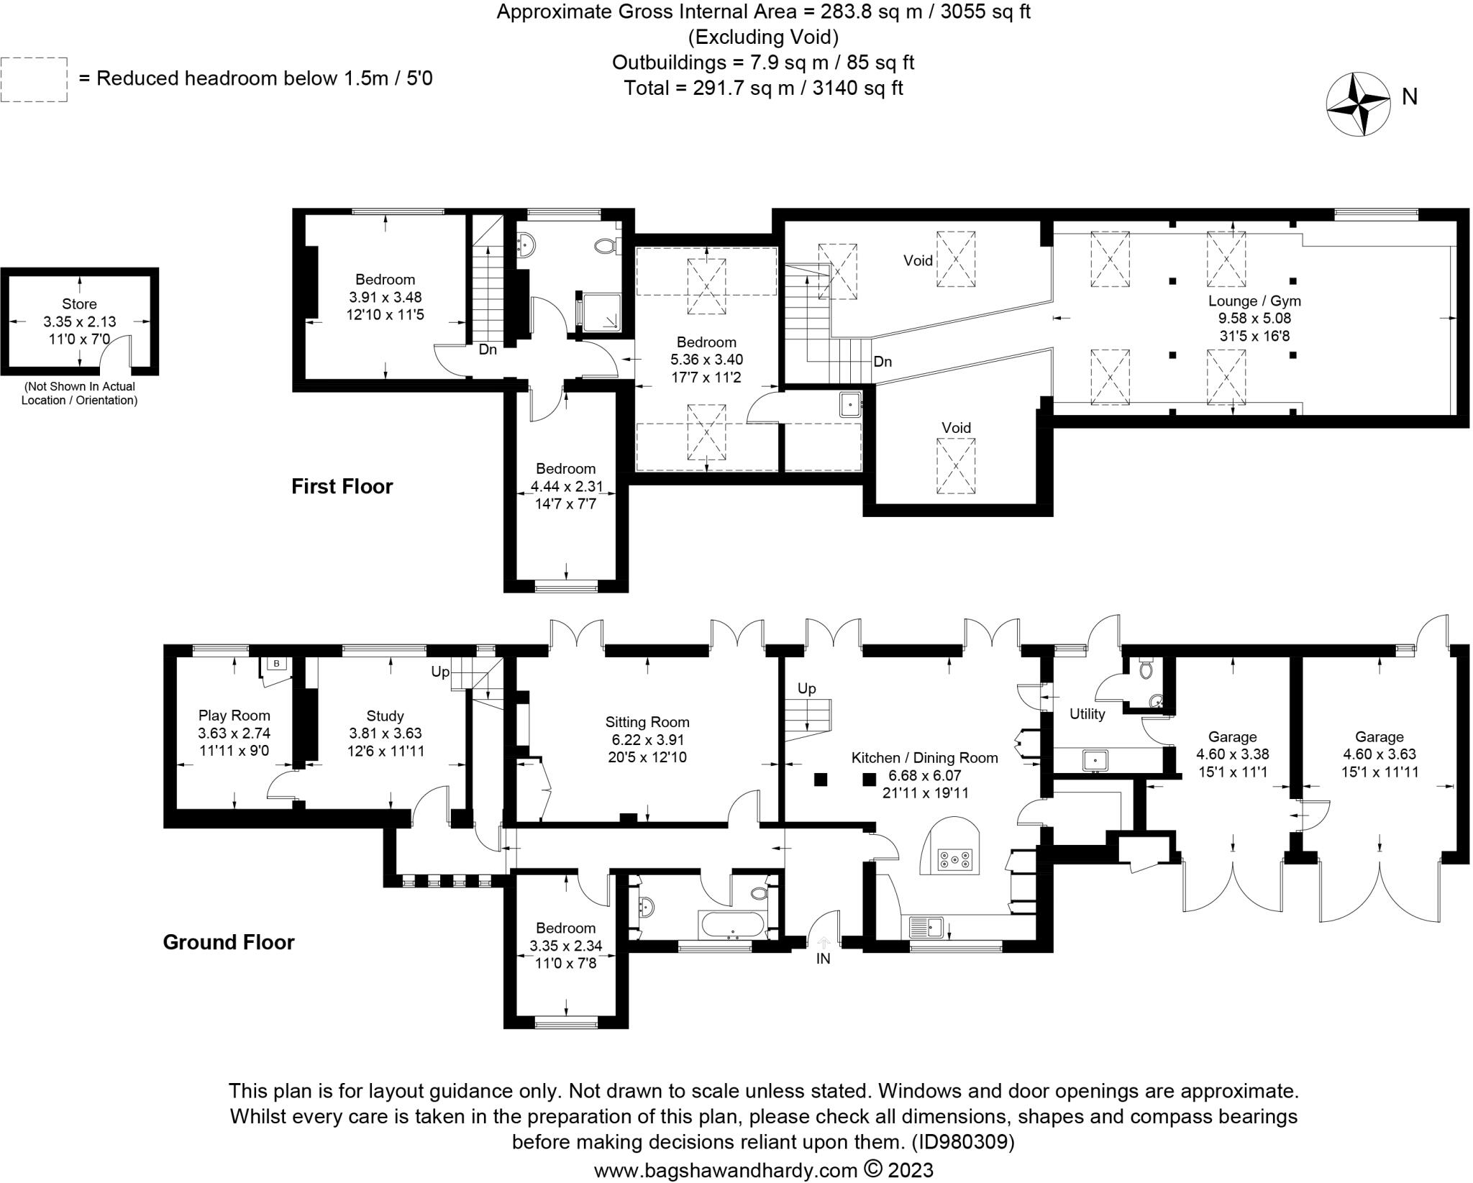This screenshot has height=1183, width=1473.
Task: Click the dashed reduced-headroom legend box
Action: coord(34,79)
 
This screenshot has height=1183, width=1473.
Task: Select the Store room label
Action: coord(79,304)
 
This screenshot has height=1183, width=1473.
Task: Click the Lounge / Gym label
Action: coord(1254,301)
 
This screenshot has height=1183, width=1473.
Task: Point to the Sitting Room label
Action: coord(647,722)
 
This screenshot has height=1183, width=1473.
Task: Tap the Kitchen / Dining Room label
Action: coord(924,757)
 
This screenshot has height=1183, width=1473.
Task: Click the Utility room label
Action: coord(1086,714)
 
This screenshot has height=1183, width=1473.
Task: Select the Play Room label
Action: coord(234,716)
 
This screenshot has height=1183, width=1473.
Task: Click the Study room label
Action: coord(385,716)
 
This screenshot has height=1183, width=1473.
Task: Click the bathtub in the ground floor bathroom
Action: coord(734,925)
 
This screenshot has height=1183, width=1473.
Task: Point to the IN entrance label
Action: coord(823,959)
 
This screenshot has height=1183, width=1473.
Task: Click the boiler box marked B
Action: coord(276,663)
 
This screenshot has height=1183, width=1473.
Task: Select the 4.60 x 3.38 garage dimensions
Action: coord(1232,754)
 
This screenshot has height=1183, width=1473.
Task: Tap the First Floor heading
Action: coord(342,487)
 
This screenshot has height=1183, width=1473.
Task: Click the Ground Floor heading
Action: coord(228,942)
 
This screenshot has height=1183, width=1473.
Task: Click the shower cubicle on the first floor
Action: coord(599,312)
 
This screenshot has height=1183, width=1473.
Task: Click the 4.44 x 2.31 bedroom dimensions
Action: coord(566,487)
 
